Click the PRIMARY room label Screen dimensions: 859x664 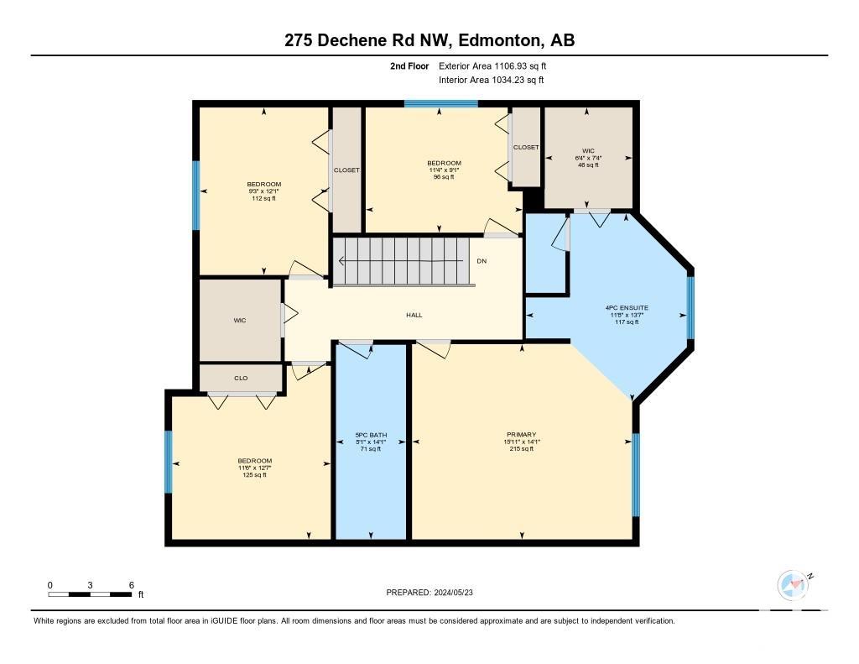click(521, 434)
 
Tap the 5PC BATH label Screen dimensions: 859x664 click(371, 435)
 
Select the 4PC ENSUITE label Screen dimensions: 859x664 click(627, 308)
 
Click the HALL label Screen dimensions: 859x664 click(414, 316)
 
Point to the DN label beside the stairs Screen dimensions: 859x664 click(482, 261)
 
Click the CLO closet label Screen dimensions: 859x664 click(241, 378)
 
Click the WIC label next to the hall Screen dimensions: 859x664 click(240, 320)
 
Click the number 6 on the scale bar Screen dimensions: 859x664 click(132, 585)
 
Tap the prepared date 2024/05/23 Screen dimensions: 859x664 click(454, 592)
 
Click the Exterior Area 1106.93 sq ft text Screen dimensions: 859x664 click(492, 65)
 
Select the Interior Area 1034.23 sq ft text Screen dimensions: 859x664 click(492, 80)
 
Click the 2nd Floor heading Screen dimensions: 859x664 click(409, 65)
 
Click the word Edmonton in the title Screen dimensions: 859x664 click(500, 40)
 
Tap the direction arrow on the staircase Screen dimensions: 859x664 click(402, 261)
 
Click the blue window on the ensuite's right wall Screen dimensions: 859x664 click(691, 307)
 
